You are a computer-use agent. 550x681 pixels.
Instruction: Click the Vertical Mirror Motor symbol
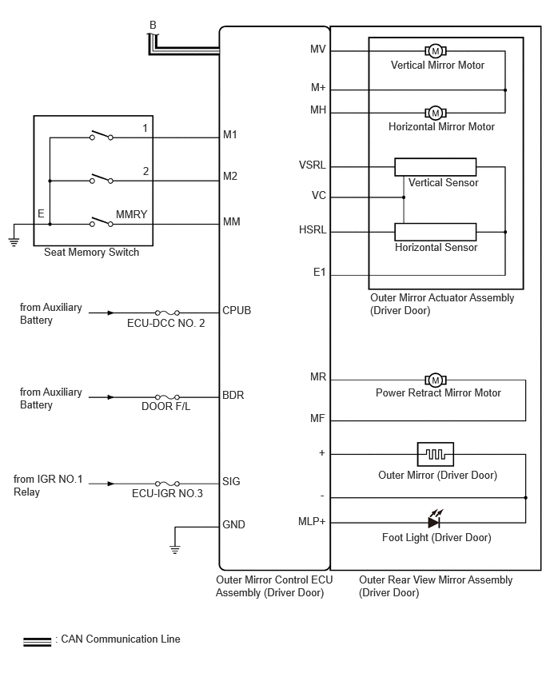(x=436, y=51)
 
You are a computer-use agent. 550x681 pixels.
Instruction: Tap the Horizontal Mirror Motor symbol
(x=436, y=113)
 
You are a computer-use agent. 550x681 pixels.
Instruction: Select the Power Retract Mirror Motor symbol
(x=436, y=380)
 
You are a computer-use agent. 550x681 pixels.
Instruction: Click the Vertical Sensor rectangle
(x=436, y=167)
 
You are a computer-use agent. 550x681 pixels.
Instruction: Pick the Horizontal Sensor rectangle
(x=436, y=232)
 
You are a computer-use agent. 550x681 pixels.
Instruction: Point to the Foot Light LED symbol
(x=435, y=519)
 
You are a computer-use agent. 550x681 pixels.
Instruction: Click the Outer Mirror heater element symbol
(x=436, y=454)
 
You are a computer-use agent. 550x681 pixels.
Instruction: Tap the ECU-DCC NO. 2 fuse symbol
(x=167, y=313)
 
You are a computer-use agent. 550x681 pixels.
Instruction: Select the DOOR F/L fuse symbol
(x=167, y=397)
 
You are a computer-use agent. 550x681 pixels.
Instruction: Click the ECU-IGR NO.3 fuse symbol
(x=167, y=484)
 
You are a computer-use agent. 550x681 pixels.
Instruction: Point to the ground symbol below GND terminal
(x=174, y=549)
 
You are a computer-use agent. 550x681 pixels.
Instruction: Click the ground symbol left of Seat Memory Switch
(x=14, y=242)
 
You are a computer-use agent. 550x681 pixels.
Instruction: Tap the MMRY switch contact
(x=102, y=221)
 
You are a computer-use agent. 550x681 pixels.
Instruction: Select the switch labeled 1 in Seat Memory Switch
(x=102, y=135)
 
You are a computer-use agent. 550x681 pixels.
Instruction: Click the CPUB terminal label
(x=237, y=311)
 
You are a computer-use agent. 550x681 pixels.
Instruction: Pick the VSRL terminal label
(x=312, y=165)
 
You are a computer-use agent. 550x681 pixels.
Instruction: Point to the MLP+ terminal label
(x=312, y=521)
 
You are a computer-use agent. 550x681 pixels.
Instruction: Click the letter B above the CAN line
(x=153, y=26)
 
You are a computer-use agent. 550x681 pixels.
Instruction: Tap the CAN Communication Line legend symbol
(x=38, y=642)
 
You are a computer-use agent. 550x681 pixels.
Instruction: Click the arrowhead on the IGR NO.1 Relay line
(x=111, y=484)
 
